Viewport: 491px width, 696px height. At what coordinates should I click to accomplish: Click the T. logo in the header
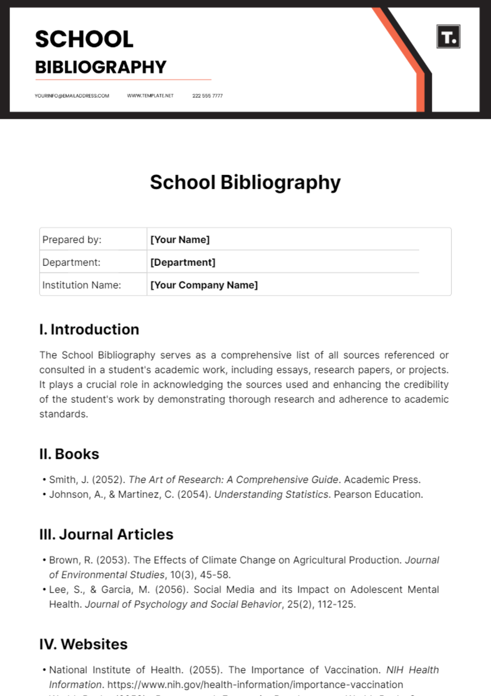[448, 37]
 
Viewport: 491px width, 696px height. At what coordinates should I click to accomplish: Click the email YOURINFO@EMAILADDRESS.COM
[72, 96]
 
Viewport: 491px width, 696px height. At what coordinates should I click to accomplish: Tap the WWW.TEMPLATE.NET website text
[150, 96]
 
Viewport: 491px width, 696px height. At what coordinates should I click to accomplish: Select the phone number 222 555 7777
[207, 96]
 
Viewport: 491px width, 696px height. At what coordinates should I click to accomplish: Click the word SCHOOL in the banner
[84, 39]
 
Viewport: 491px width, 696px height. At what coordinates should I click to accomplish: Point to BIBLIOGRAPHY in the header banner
[101, 67]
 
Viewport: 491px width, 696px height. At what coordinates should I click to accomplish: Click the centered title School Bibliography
[245, 182]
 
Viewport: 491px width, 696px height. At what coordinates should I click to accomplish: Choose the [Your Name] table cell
[180, 239]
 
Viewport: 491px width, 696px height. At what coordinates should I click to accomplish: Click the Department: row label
[71, 262]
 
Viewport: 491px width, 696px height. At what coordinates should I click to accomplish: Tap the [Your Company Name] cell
[204, 285]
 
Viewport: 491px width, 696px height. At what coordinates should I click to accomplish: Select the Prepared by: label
[72, 239]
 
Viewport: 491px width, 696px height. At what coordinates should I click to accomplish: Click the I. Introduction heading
[89, 329]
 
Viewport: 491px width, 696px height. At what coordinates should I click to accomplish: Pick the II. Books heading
[69, 454]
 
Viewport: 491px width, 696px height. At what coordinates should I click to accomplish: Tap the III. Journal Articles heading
[106, 534]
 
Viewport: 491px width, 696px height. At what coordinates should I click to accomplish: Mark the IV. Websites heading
[83, 644]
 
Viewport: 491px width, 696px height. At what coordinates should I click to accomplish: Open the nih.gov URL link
[255, 685]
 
